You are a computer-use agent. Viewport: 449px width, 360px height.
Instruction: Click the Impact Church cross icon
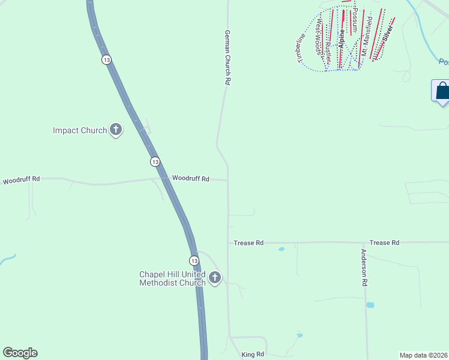(x=116, y=130)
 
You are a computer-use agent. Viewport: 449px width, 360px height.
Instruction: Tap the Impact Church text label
(x=80, y=130)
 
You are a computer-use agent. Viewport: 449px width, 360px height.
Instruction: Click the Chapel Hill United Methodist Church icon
(x=214, y=278)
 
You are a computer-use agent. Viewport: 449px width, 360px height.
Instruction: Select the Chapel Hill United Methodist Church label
(x=172, y=278)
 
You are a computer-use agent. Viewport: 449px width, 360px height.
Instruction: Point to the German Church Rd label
(x=228, y=58)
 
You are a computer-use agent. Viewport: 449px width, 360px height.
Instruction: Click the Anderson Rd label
(x=364, y=267)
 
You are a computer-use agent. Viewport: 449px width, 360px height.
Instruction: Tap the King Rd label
(x=253, y=355)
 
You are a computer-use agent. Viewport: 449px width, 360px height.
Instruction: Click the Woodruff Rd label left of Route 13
(x=21, y=179)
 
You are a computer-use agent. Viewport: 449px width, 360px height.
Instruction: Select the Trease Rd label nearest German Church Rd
(x=249, y=243)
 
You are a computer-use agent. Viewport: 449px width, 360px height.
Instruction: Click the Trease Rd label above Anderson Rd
(x=384, y=242)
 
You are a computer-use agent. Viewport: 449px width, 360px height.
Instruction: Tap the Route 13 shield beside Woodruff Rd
(x=155, y=162)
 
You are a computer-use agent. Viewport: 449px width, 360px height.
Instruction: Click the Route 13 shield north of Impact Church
(x=106, y=60)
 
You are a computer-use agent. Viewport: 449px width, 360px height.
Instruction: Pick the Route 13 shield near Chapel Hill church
(x=193, y=260)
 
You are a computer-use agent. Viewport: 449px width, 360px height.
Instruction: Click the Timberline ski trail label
(x=300, y=47)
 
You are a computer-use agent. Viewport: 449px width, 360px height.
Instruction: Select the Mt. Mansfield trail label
(x=367, y=36)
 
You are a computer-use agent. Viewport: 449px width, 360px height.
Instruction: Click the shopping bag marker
(x=442, y=91)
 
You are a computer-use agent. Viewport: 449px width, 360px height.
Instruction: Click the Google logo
(x=20, y=353)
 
